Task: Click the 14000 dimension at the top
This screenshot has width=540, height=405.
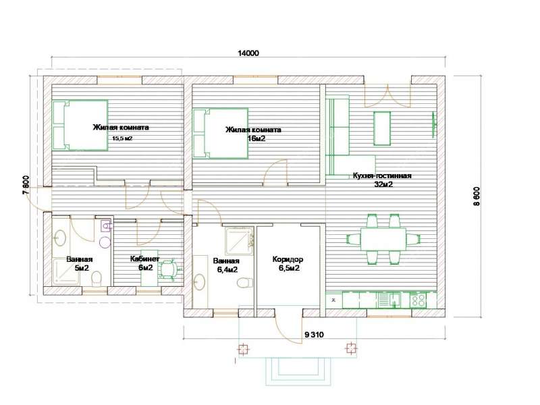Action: pos(248,53)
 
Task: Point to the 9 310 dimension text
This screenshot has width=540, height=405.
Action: pos(314,334)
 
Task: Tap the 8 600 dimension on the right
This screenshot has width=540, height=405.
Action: pos(477,196)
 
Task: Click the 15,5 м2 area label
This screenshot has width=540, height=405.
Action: pos(122,138)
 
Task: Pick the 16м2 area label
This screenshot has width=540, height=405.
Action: pos(256,138)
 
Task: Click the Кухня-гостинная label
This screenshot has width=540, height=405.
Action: pos(382,175)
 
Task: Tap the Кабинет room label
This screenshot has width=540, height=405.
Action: pos(144,259)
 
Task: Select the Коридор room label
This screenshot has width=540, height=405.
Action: pos(288,259)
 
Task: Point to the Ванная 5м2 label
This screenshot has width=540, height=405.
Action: pos(80,263)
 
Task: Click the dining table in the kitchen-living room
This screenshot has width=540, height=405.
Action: pos(383,239)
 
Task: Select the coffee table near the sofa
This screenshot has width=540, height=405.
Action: pos(382,128)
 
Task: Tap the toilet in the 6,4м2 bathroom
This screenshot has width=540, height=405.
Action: pos(245,283)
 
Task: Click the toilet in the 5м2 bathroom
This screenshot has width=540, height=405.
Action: pos(97,279)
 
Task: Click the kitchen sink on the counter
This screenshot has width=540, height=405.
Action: pos(389,299)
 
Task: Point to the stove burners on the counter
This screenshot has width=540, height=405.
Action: pos(418,300)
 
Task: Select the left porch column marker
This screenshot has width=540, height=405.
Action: pos(244,349)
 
